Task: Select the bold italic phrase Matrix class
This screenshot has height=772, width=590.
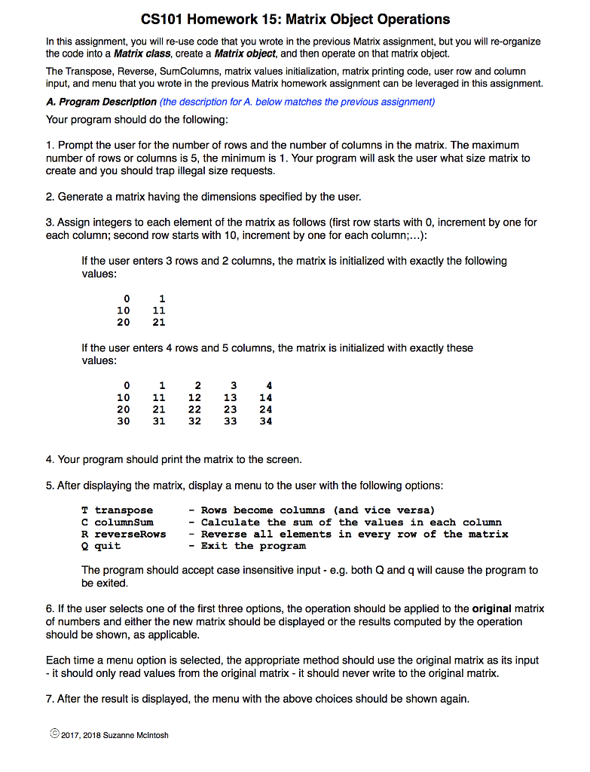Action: click(x=142, y=54)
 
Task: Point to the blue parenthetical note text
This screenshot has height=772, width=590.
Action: click(x=297, y=102)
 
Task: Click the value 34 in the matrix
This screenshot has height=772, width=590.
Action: click(x=265, y=421)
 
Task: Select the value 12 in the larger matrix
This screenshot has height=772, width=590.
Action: click(x=194, y=397)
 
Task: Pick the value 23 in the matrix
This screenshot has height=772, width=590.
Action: click(x=230, y=409)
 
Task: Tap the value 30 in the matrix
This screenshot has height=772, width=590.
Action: click(x=123, y=421)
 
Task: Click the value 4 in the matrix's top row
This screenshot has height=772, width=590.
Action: click(x=269, y=385)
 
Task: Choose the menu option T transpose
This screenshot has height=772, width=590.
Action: click(x=117, y=510)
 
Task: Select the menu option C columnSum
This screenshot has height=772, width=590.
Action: click(x=117, y=522)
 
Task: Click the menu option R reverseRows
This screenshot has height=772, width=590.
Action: click(x=124, y=534)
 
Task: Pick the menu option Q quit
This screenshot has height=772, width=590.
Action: click(x=101, y=546)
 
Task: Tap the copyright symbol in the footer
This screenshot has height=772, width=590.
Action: click(x=52, y=734)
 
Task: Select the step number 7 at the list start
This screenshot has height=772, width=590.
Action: click(x=49, y=699)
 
